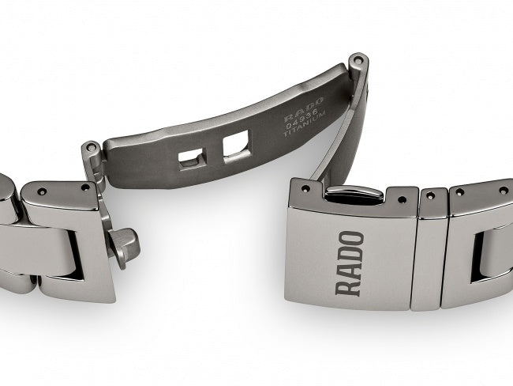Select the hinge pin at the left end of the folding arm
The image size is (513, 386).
pyautogui.click(x=92, y=149)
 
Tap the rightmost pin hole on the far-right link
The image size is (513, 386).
pyautogui.click(x=500, y=192)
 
